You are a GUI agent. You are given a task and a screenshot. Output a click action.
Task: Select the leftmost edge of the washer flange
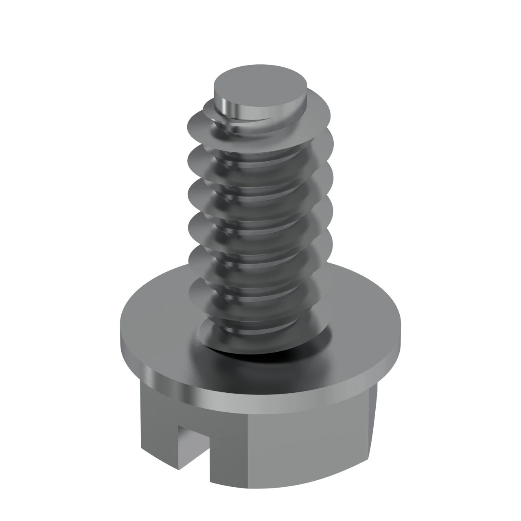coord(121,334)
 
